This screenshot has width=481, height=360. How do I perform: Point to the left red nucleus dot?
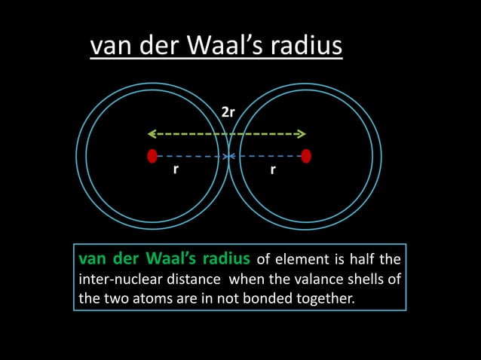click(152, 156)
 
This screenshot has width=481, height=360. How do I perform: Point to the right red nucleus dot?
click(305, 156)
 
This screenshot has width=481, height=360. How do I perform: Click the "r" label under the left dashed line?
click(176, 169)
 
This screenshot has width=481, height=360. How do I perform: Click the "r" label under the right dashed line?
click(273, 169)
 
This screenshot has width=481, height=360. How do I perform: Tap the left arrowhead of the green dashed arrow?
click(151, 134)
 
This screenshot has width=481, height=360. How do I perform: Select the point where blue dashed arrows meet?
click(229, 157)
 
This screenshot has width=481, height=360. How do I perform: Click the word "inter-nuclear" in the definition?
click(115, 279)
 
